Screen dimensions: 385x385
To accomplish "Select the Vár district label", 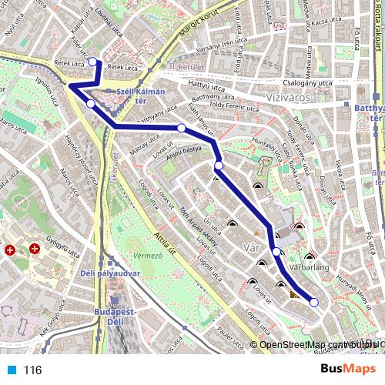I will [x=251, y=247].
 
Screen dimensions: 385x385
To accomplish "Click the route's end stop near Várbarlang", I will [x=313, y=302].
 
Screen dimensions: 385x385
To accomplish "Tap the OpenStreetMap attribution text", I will [x=303, y=344].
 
